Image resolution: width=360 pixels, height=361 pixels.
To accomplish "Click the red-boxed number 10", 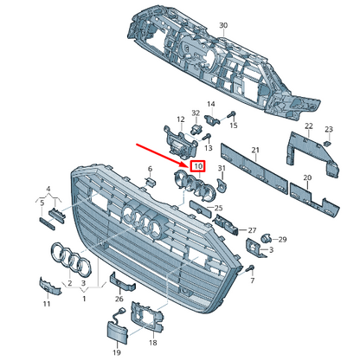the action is click(x=198, y=166).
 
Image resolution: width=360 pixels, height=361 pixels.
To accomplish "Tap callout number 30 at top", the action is click(x=223, y=25).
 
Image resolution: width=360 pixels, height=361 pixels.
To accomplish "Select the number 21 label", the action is click(x=255, y=150).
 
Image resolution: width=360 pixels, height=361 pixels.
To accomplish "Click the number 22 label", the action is click(x=309, y=126).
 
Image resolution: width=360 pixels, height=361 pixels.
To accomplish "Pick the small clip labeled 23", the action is click(x=327, y=143).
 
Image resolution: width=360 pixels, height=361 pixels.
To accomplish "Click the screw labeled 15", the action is click(x=232, y=115).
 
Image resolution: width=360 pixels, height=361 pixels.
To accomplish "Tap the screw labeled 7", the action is click(x=250, y=268).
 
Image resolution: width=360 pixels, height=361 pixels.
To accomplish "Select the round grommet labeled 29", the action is click(x=265, y=239).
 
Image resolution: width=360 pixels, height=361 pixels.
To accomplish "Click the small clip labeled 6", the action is click(x=151, y=182).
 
